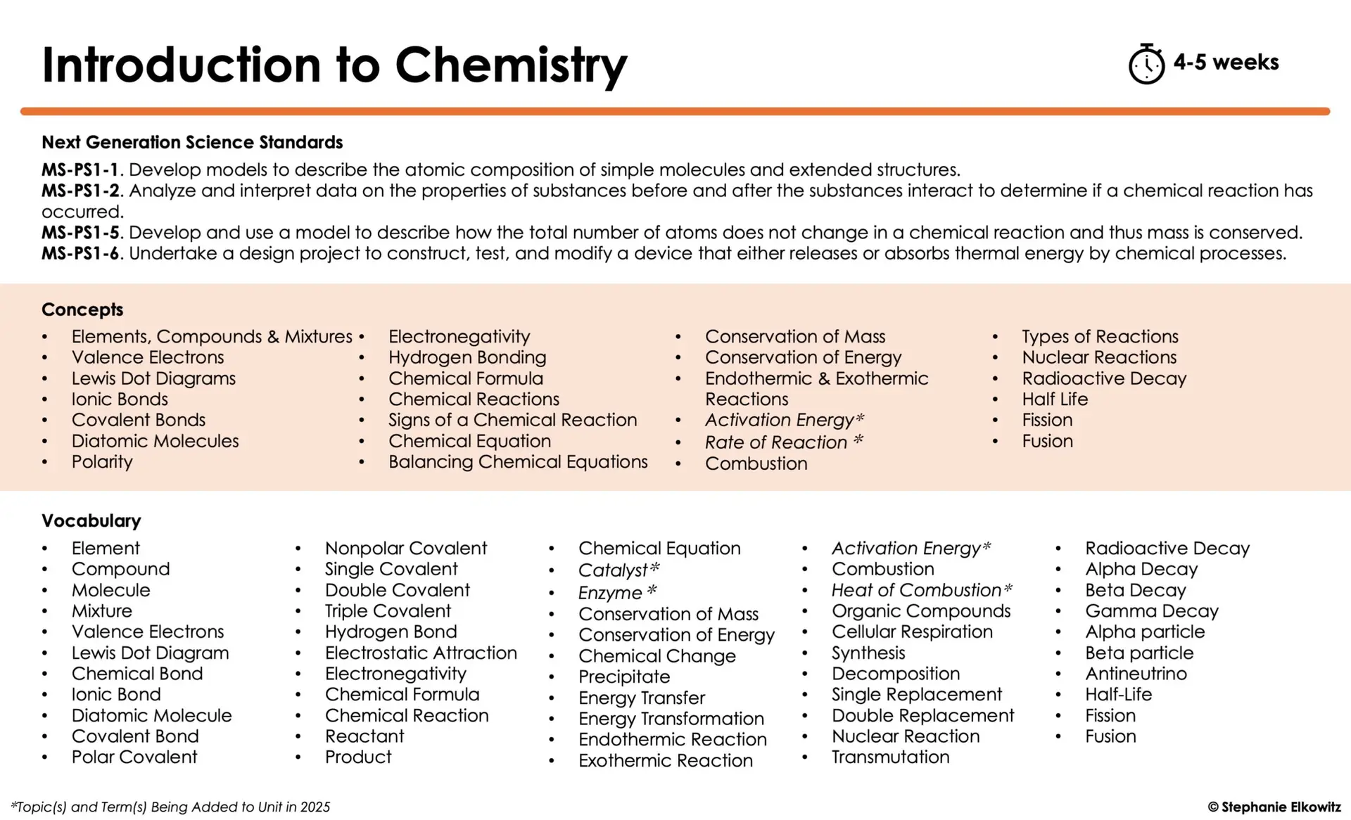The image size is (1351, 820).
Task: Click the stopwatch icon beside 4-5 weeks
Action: click(x=1146, y=65)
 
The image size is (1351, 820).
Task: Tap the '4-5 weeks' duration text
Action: click(x=1226, y=63)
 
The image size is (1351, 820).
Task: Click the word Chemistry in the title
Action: click(x=511, y=65)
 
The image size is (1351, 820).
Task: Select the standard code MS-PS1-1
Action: click(x=80, y=170)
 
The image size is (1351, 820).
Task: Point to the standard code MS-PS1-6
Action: click(x=80, y=253)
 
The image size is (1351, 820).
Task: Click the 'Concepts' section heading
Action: click(x=82, y=309)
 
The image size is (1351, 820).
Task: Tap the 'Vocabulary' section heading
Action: click(x=91, y=521)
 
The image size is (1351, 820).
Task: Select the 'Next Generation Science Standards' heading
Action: click(x=192, y=142)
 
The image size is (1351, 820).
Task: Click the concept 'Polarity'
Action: click(x=102, y=462)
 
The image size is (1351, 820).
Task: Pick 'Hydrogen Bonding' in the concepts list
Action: click(x=467, y=357)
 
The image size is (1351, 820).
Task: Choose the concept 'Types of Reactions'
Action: click(x=1100, y=337)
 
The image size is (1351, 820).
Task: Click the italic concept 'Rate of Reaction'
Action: click(x=776, y=442)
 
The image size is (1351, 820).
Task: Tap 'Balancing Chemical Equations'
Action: click(x=518, y=462)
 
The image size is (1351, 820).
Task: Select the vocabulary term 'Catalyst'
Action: click(x=613, y=570)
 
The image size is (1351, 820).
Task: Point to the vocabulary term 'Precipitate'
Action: click(x=624, y=677)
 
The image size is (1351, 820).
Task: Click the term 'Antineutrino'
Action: click(x=1136, y=674)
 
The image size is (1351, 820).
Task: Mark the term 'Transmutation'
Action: click(x=890, y=757)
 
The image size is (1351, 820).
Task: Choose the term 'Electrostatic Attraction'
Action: click(x=421, y=653)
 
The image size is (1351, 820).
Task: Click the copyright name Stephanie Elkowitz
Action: click(x=1280, y=807)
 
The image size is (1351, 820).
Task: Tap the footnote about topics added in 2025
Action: click(x=170, y=807)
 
